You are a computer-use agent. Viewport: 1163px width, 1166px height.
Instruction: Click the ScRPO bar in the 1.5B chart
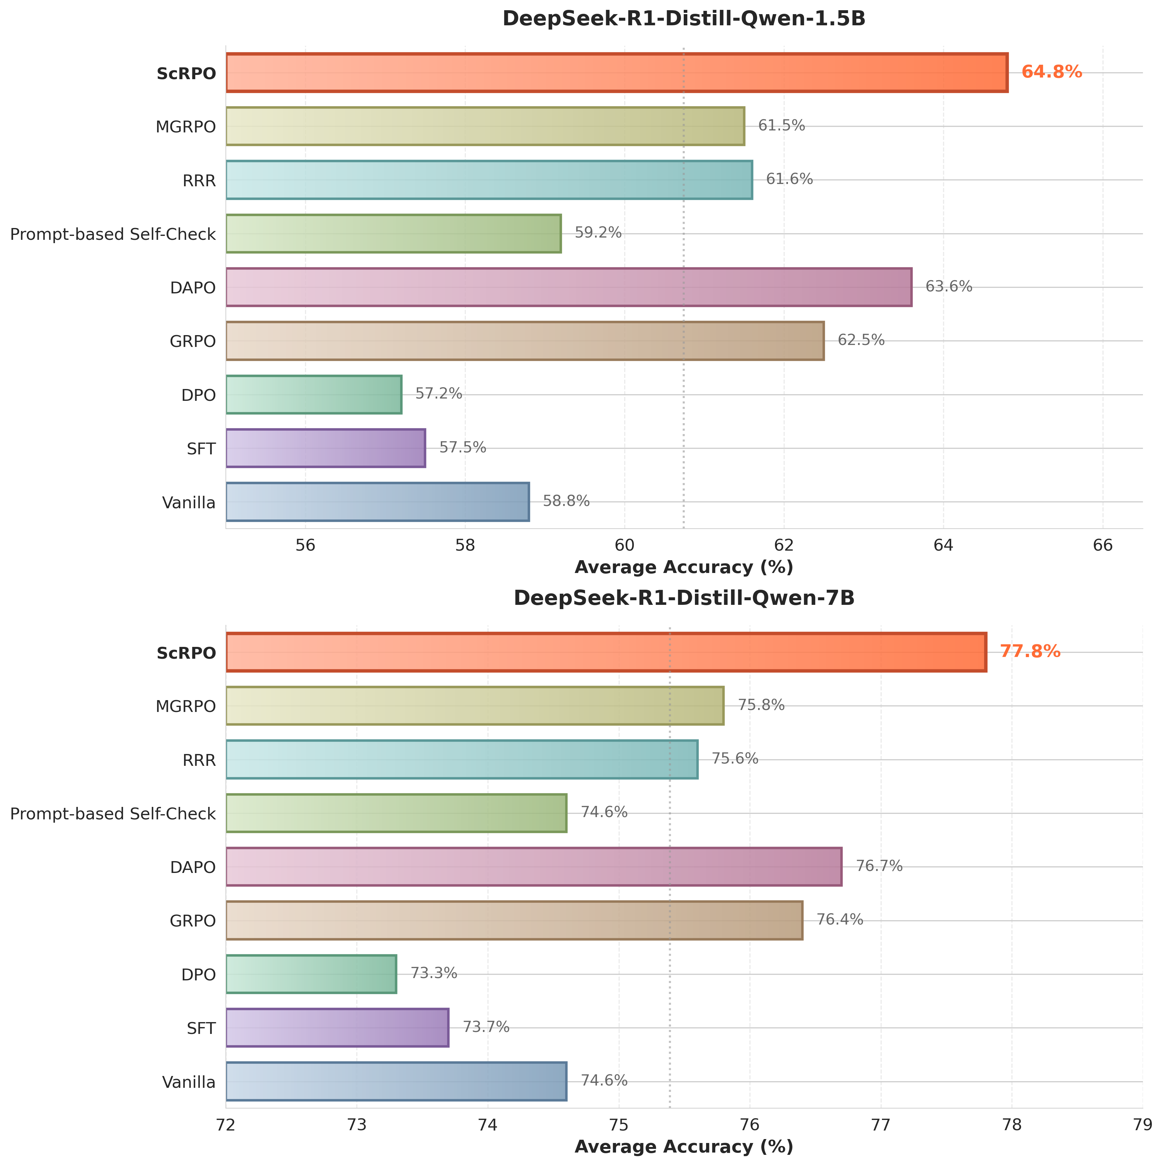click(x=616, y=73)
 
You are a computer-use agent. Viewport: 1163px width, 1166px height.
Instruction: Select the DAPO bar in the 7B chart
click(x=534, y=867)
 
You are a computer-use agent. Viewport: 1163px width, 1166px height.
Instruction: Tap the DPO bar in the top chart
click(x=314, y=395)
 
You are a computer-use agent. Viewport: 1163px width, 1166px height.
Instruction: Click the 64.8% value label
click(x=1051, y=73)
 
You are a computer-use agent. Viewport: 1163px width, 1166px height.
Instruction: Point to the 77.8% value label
click(x=1030, y=652)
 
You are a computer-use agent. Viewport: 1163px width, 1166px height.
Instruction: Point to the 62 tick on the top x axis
click(x=784, y=545)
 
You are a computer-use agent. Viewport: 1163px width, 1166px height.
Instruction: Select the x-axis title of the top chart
click(x=683, y=567)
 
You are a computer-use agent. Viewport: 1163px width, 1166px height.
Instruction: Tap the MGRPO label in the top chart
click(x=185, y=127)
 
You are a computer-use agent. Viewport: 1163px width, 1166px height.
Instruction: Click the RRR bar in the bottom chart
click(x=462, y=759)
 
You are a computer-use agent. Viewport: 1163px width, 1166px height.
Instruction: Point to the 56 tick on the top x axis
click(x=306, y=545)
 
